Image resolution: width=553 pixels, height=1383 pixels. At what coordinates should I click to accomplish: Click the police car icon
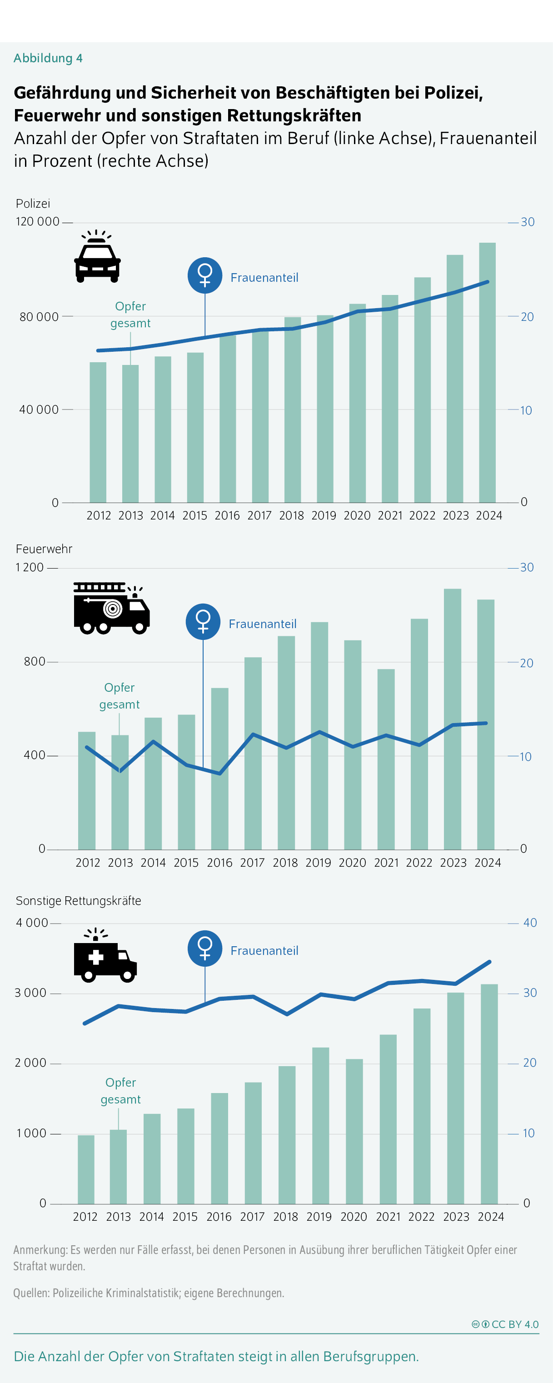tap(97, 257)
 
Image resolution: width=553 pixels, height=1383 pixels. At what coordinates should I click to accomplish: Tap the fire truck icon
tap(111, 608)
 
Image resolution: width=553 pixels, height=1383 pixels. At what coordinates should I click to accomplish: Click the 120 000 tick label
tap(38, 222)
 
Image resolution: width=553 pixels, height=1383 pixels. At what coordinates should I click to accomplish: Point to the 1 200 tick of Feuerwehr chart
tap(30, 568)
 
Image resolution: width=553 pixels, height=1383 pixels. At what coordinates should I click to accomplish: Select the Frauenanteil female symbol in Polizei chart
tap(205, 275)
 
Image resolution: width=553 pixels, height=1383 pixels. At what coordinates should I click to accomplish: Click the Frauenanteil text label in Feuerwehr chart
tap(263, 624)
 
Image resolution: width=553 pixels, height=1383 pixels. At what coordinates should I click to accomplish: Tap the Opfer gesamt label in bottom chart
tap(121, 1091)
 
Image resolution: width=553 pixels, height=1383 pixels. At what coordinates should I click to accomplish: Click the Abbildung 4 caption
tap(48, 58)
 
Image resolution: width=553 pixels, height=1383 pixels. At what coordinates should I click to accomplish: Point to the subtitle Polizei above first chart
tap(33, 204)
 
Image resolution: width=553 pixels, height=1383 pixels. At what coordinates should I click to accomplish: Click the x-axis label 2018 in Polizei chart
tap(292, 516)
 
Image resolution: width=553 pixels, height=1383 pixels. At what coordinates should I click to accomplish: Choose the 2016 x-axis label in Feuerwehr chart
tap(219, 863)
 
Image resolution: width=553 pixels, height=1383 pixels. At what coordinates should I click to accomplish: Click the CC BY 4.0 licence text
tap(514, 1324)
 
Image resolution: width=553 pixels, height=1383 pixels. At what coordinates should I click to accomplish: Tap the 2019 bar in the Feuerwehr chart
tap(319, 735)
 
